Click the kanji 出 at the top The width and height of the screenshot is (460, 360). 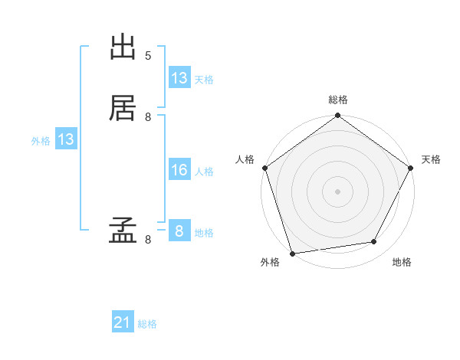click(123, 47)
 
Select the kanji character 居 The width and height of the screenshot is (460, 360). click(123, 108)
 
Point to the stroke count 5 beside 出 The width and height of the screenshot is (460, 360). click(148, 56)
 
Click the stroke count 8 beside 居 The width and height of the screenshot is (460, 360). click(148, 116)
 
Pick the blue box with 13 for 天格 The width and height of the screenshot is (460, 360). click(179, 78)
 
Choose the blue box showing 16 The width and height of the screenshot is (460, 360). click(179, 170)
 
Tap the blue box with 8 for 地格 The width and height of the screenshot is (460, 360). click(179, 231)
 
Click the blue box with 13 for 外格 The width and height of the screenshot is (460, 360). click(66, 139)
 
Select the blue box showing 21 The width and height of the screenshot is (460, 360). click(123, 323)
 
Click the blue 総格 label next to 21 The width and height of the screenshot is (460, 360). click(147, 325)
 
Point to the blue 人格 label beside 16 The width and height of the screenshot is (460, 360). click(205, 172)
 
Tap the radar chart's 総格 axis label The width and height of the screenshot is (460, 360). click(338, 100)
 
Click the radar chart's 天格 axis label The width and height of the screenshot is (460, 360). click(432, 159)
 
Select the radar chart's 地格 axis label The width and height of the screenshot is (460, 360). click(402, 263)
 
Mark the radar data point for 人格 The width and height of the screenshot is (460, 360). click(265, 168)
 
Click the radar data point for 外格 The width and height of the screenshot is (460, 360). click(292, 253)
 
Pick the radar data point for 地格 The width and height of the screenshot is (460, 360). click(374, 242)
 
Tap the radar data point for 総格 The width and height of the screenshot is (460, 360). click(338, 116)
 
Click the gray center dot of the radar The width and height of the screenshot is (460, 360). click(338, 191)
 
